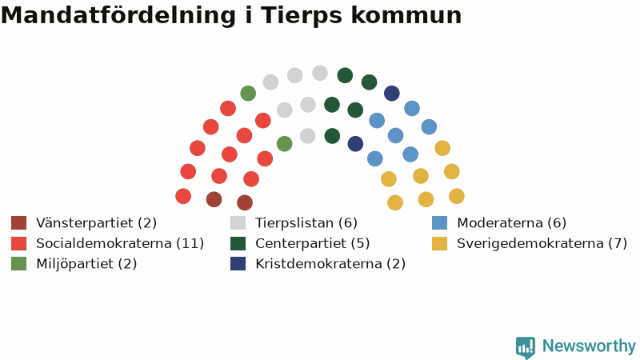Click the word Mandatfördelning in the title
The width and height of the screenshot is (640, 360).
[118, 15]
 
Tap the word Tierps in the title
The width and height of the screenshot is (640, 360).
[302, 16]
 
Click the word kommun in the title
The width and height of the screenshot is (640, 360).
[406, 15]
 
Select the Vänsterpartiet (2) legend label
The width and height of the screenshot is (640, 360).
[96, 223]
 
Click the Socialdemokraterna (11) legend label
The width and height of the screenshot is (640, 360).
[120, 243]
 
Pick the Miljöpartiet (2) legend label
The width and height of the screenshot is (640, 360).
[86, 264]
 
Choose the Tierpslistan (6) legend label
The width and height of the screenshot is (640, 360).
[306, 223]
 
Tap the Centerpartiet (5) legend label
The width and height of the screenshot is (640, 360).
[313, 243]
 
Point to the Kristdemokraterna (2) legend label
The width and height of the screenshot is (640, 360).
[330, 264]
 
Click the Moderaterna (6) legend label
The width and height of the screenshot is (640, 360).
[511, 223]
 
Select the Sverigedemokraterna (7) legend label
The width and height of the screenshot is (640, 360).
[542, 243]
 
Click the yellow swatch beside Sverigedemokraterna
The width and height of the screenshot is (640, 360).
[439, 243]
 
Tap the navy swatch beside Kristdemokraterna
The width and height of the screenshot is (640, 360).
[238, 264]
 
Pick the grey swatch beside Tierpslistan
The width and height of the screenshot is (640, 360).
[238, 223]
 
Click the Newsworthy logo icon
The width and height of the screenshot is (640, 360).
[526, 347]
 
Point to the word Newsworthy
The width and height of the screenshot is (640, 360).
[589, 346]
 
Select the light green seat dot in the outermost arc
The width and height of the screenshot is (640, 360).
[248, 93]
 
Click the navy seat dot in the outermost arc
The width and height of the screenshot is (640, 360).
[392, 93]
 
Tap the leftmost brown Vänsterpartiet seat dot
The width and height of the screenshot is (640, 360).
[214, 199]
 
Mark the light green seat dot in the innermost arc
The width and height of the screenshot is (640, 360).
[285, 144]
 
